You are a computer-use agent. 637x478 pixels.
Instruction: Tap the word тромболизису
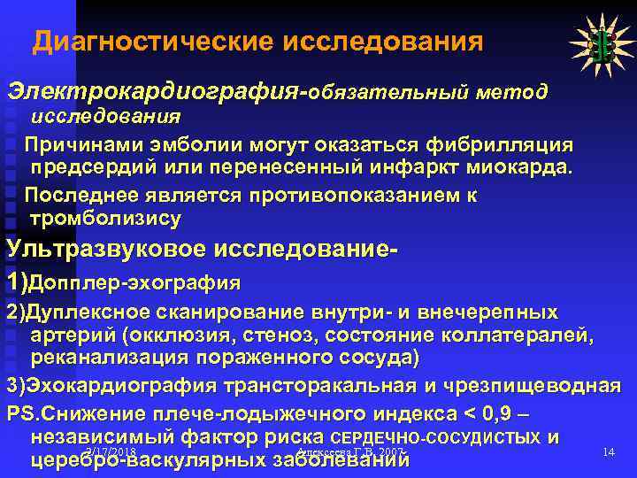pyautogui.click(x=105, y=218)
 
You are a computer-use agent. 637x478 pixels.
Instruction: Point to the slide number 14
pyautogui.click(x=608, y=452)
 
